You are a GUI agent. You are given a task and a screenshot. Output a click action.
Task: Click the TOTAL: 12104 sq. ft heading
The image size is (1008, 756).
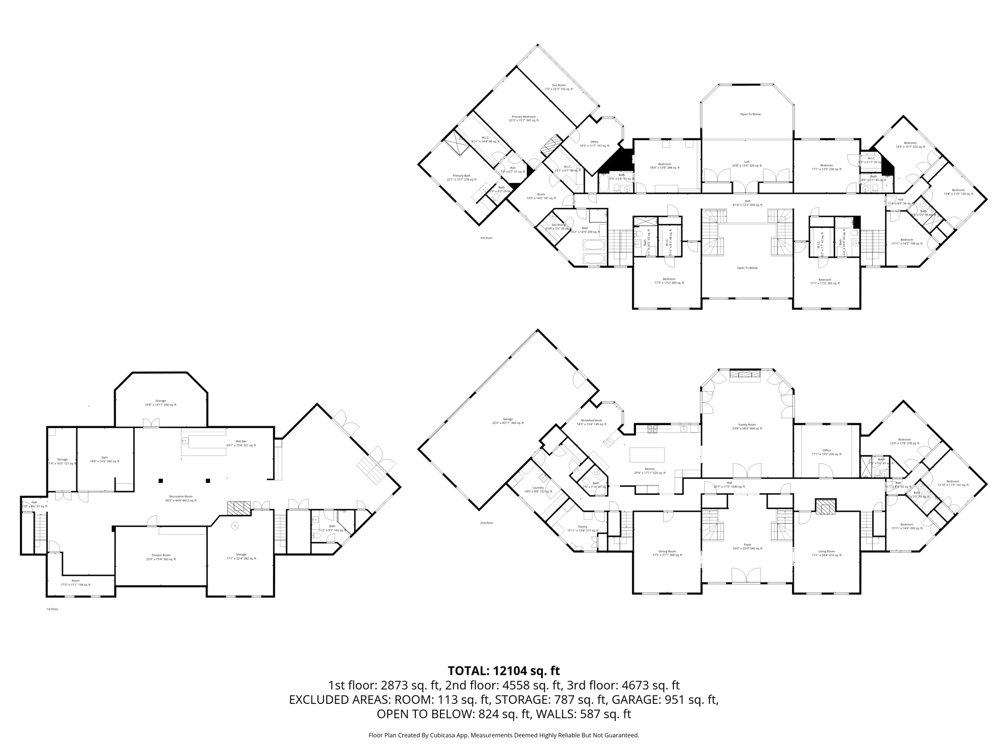[504, 670]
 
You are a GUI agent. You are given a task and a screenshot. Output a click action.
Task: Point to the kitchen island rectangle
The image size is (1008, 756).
[647, 454]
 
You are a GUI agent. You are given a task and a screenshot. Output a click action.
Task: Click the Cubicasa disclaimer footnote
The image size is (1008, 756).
[504, 735]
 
